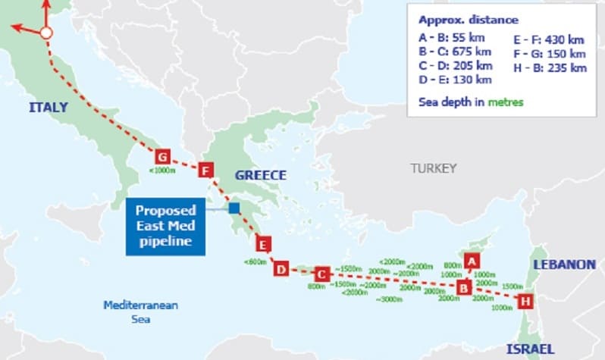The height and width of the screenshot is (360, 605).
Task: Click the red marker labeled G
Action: [x=161, y=156]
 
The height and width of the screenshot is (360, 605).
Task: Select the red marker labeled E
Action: [x=263, y=245]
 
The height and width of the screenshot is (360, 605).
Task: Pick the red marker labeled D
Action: [x=281, y=269]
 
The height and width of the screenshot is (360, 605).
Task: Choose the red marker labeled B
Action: [x=462, y=287]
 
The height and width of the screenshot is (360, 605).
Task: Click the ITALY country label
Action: [x=49, y=108]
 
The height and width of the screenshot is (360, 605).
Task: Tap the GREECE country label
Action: [x=260, y=176]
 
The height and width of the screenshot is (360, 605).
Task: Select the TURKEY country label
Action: [x=434, y=168]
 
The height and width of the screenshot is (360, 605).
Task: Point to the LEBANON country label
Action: [x=564, y=265]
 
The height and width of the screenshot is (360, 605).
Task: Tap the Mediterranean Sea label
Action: [x=140, y=312]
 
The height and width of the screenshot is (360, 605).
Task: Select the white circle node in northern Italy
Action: [x=45, y=33]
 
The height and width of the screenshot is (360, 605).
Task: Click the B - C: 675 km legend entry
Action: [x=455, y=52]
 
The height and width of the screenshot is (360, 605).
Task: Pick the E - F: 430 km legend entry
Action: [x=550, y=40]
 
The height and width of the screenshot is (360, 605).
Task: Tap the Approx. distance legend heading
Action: [x=469, y=20]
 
